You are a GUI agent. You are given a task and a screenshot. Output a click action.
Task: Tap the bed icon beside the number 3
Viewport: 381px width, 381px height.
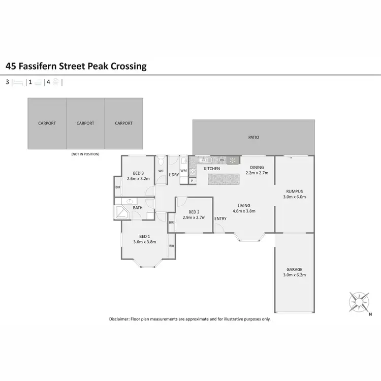coord(18,81)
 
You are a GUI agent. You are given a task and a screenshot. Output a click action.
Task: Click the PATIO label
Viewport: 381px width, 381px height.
coord(253,137)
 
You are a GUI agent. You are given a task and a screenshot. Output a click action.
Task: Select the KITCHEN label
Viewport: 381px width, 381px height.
coord(212,168)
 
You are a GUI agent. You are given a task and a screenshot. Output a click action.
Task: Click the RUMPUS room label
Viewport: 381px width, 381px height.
coord(295,191)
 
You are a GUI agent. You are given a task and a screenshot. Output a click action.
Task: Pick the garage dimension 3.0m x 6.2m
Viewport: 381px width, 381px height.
coord(295,275)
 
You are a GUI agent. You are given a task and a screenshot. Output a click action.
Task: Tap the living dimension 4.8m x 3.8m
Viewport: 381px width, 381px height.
coord(244,211)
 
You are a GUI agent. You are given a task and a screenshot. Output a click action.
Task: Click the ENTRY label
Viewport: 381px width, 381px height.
coord(220,219)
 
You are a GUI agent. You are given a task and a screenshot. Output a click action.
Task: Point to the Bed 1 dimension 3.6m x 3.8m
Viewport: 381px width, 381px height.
coord(144,242)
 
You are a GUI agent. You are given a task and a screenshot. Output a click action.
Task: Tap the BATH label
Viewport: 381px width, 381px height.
coord(138,208)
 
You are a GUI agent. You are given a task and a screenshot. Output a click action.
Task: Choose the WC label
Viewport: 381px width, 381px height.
coord(161,171)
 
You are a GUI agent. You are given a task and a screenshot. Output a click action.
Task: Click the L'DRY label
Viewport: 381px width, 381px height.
coord(174,175)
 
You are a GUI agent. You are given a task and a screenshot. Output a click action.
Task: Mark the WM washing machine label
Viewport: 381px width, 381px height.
coord(184,170)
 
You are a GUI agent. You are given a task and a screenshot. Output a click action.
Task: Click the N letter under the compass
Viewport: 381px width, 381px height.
coord(371,313)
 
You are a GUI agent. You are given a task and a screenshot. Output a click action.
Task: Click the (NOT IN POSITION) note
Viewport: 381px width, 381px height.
coord(85,154)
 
